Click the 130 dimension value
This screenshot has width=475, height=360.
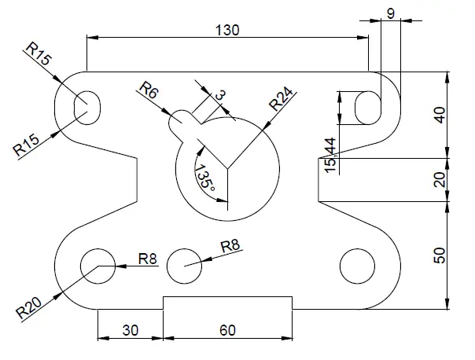click(226, 29)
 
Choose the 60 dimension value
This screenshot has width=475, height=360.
click(226, 330)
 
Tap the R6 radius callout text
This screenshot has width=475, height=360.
click(148, 90)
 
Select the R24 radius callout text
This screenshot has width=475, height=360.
click(281, 101)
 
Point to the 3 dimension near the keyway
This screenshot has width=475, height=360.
click(219, 95)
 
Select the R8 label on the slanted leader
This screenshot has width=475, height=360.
click(230, 246)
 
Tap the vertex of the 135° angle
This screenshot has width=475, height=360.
click(227, 167)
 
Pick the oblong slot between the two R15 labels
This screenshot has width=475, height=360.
click(87, 106)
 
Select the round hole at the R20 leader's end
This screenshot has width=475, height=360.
click(98, 266)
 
